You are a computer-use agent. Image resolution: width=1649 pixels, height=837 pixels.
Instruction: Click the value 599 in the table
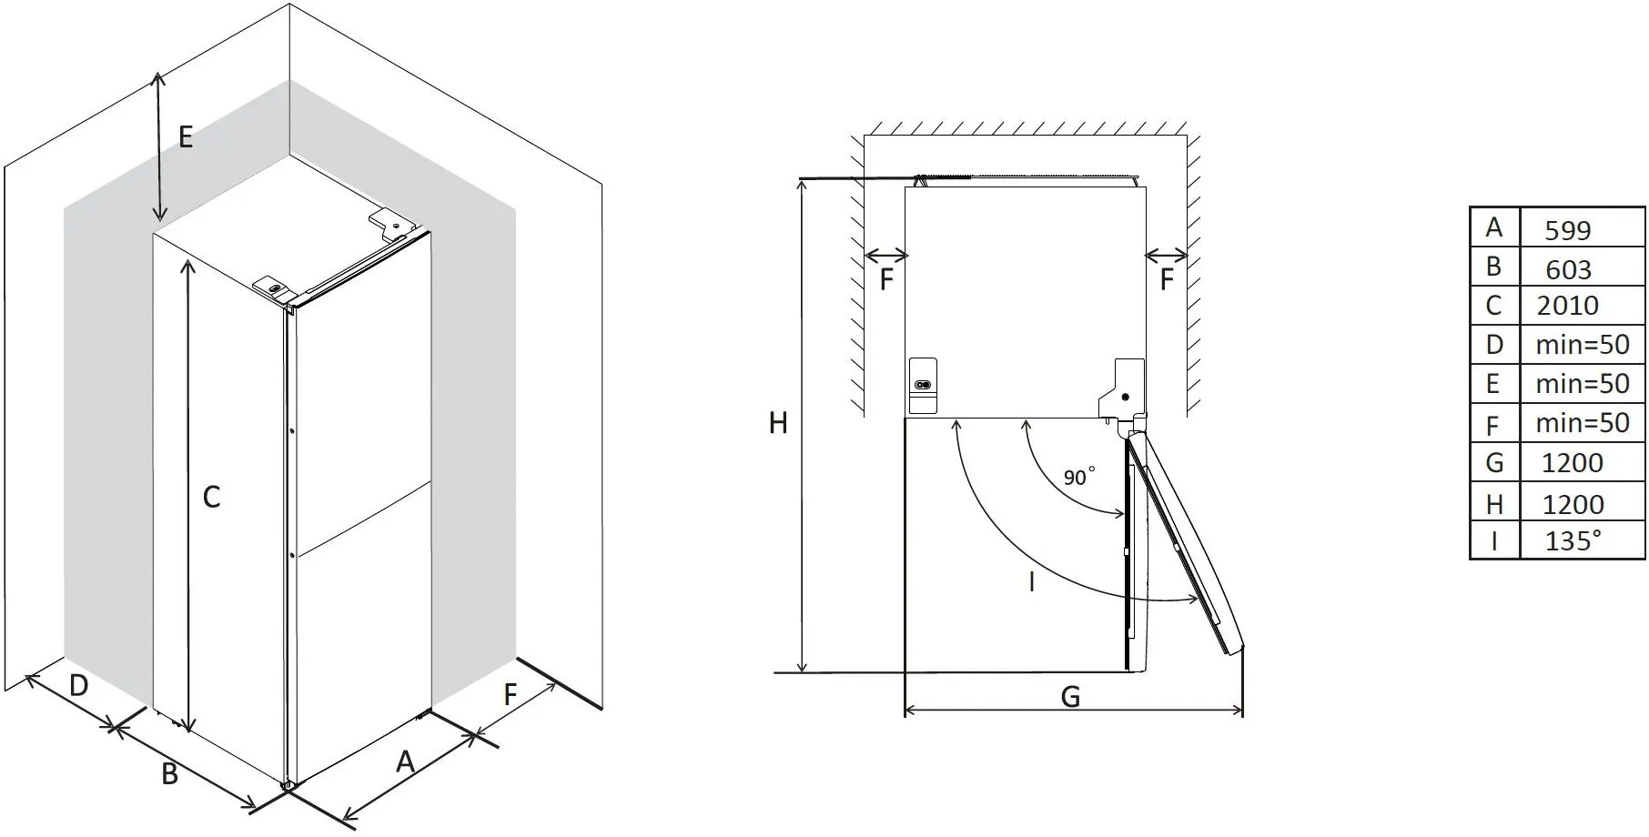point(1567,230)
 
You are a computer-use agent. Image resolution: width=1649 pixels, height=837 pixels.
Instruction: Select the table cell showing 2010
point(1567,306)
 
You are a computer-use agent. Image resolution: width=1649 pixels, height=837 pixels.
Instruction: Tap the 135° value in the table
point(1572,541)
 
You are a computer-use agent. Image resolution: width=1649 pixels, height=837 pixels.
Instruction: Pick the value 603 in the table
point(1568,269)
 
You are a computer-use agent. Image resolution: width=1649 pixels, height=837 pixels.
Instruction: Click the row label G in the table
point(1493,463)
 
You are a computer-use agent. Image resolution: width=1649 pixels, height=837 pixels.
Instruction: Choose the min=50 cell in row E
point(1582,384)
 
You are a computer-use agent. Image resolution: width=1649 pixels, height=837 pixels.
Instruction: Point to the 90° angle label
point(1078,477)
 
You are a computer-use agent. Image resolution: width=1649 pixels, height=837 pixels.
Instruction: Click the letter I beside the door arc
point(1031,582)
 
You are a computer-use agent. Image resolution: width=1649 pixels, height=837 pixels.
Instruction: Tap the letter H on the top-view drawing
point(778,423)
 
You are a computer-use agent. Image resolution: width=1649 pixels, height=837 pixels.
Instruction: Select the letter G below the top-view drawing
point(1070,697)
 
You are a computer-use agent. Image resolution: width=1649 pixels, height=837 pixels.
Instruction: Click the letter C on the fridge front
point(211,497)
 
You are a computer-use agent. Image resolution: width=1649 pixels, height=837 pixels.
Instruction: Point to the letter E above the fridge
point(186,137)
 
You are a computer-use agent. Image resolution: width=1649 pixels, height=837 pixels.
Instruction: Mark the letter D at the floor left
point(78,685)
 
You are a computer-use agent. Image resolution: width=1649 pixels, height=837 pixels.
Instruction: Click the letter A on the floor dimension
point(405,761)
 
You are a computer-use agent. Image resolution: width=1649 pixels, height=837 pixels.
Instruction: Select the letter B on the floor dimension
point(169,774)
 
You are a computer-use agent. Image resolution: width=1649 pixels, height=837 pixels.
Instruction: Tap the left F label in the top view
point(886,279)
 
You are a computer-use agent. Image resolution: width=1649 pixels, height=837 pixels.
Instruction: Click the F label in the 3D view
point(510,695)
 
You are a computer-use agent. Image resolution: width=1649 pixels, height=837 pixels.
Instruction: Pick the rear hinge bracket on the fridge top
point(391,223)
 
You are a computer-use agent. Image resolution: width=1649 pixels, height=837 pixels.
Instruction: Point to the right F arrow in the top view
point(1166,255)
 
